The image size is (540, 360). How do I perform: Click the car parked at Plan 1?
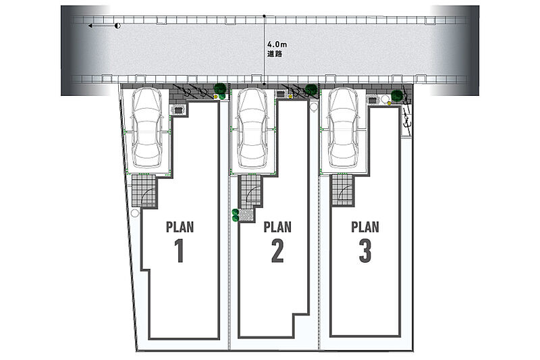(x=147, y=128)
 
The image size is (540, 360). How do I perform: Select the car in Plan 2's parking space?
(x=252, y=128)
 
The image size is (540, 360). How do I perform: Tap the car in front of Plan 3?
(x=343, y=128)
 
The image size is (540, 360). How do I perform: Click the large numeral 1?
(x=179, y=251)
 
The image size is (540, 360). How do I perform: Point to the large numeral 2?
(x=277, y=251)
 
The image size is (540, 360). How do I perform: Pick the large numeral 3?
(x=365, y=251)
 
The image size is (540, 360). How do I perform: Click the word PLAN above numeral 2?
(x=277, y=227)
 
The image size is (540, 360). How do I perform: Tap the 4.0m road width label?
(x=277, y=45)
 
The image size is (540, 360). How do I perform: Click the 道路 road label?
(x=275, y=54)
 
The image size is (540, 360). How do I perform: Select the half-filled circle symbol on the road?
(x=117, y=26)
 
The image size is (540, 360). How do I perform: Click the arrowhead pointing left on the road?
(x=90, y=26)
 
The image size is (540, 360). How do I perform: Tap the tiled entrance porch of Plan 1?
(x=144, y=190)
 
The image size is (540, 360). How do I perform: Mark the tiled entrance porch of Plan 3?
(x=342, y=190)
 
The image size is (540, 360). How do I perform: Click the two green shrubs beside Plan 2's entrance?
(x=235, y=215)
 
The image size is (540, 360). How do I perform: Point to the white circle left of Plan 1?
(x=135, y=213)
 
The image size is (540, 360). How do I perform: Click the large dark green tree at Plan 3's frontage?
(x=397, y=95)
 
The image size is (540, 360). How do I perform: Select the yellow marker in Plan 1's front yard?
(x=215, y=97)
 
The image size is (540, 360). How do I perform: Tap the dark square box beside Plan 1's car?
(x=178, y=110)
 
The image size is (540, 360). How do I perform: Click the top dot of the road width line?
(x=264, y=16)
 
